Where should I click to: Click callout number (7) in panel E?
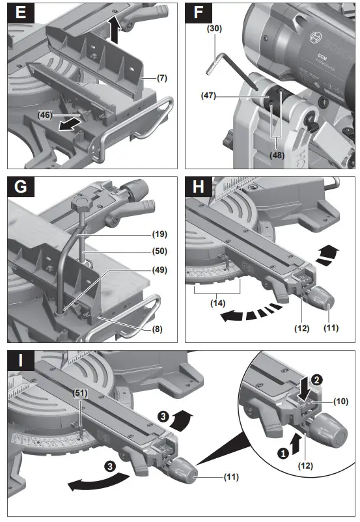coord(163,78)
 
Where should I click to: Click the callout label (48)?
coord(277,156)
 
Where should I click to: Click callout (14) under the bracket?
coord(217,303)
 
